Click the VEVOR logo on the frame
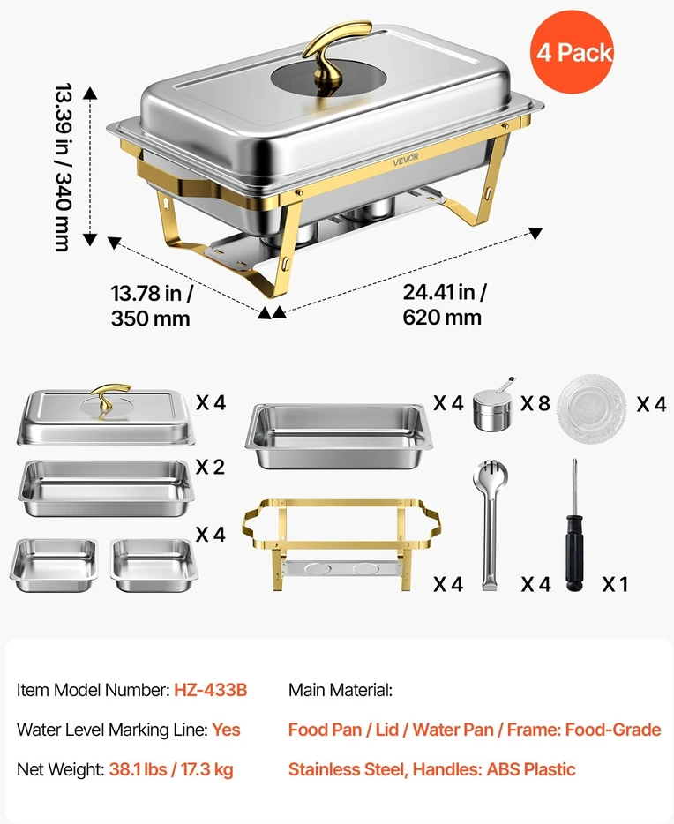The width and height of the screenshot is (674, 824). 406,159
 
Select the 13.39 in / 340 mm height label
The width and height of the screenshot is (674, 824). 63,167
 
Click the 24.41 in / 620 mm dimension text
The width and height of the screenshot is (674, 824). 444,304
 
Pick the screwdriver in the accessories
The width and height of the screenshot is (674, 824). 574,526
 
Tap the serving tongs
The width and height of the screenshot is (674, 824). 490,526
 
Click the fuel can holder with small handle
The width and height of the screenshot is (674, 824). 494,405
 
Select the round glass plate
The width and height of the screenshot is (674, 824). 592,408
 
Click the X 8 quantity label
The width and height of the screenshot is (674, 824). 535,403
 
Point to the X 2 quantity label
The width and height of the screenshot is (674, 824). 210,467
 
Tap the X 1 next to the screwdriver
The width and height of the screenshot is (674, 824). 615,584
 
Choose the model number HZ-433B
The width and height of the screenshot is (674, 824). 211,690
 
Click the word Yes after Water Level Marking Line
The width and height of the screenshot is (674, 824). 226,730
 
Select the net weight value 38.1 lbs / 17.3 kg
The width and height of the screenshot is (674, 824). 171,769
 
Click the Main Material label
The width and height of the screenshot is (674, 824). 341,690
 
